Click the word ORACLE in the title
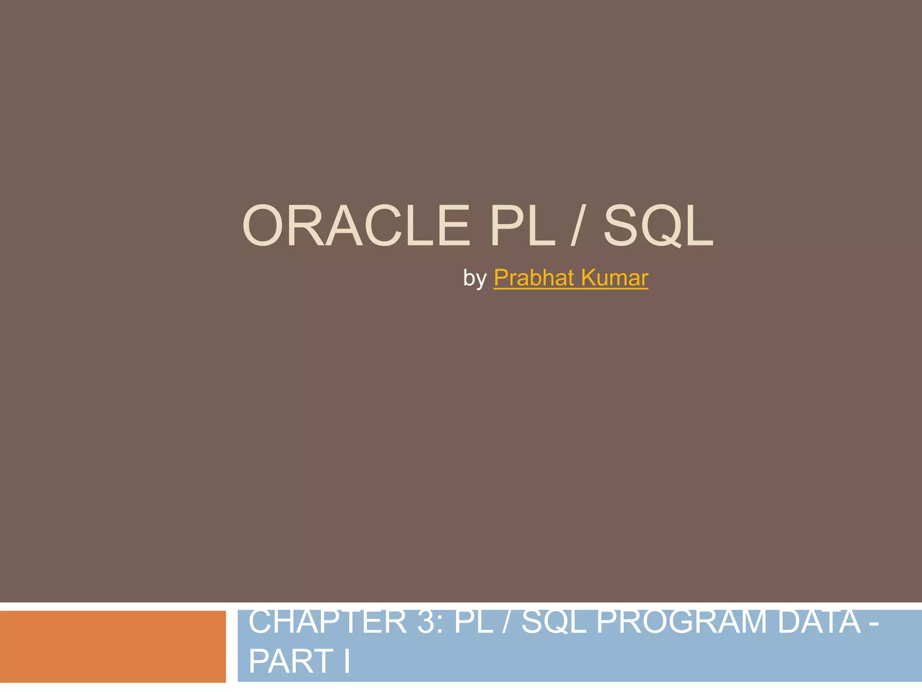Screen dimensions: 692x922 (x=356, y=226)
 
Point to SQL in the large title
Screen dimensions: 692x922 (x=658, y=226)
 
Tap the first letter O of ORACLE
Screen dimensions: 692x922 (x=264, y=226)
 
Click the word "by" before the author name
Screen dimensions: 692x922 (x=475, y=278)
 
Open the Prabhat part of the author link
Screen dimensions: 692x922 (x=533, y=278)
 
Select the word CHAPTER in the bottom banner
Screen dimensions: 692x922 (x=327, y=622)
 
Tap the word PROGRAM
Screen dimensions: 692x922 (x=681, y=622)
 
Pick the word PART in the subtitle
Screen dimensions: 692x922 (x=291, y=661)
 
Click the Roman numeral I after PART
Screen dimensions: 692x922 (x=347, y=661)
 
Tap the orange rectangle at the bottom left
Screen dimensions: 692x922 (x=113, y=646)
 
